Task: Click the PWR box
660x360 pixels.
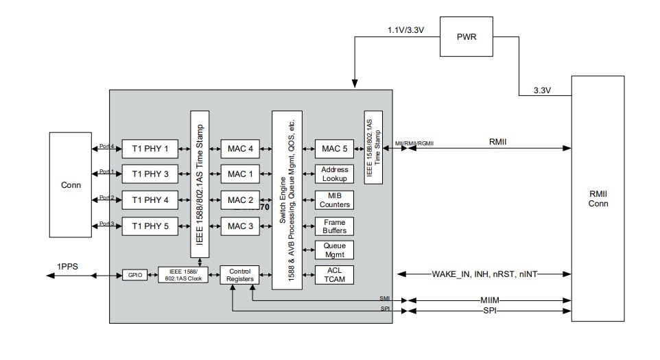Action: tap(467, 37)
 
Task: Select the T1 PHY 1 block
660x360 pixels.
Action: tap(150, 148)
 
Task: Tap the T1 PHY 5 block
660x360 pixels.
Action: tap(150, 226)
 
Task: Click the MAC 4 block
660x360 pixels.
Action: tap(240, 148)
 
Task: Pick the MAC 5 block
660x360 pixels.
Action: tap(334, 148)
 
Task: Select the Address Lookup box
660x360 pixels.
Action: tap(334, 174)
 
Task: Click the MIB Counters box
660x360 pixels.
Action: tap(334, 200)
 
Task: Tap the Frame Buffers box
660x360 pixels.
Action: tap(334, 226)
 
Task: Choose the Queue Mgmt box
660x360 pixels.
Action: tap(334, 250)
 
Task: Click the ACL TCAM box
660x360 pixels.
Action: tap(334, 275)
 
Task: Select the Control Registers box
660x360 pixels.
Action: tap(239, 275)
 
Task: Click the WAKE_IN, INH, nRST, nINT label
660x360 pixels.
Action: tap(484, 274)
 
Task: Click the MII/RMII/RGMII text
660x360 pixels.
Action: tap(414, 143)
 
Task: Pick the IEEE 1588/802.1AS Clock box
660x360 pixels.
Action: tap(182, 275)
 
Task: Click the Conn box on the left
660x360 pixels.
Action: tap(70, 184)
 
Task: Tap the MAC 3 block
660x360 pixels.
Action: tap(240, 226)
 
